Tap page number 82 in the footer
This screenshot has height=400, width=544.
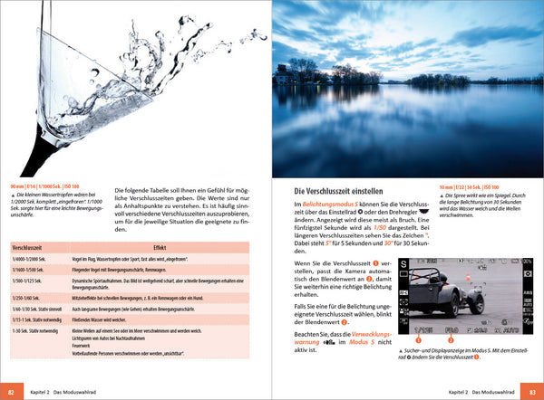click(10, 393)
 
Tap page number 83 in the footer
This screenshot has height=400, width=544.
click(533, 393)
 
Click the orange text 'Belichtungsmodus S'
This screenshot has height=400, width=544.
click(332, 207)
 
